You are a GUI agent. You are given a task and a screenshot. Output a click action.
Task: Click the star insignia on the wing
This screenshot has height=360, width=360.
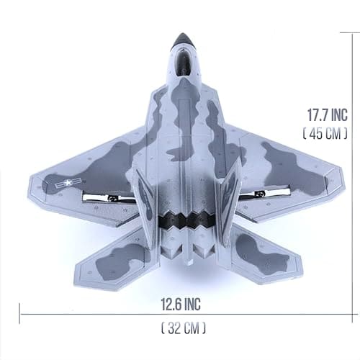[x=66, y=184]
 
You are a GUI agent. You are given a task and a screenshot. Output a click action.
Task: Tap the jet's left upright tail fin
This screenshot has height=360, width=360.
[x=147, y=202]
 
